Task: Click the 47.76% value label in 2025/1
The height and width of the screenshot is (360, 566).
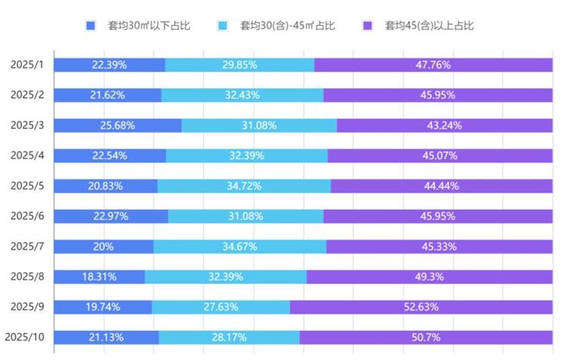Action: point(432,65)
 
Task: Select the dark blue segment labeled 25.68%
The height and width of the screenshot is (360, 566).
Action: point(117,125)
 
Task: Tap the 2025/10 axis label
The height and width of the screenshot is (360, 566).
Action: point(26,337)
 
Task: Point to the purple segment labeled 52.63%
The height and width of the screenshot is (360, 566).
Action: point(421,306)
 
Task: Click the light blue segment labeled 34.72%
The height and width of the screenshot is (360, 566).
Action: point(244,186)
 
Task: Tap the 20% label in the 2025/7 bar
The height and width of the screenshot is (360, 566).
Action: point(103,246)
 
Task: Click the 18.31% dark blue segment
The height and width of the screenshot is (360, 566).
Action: point(99,276)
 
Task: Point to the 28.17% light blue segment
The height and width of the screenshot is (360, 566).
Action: point(229,337)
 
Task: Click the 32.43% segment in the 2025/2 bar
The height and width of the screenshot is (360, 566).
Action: point(241,95)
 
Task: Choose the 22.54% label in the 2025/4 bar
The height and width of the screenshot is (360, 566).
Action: point(109,155)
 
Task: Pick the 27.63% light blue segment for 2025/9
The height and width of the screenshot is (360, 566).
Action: point(220,306)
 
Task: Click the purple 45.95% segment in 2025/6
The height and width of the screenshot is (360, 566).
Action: point(438,216)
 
